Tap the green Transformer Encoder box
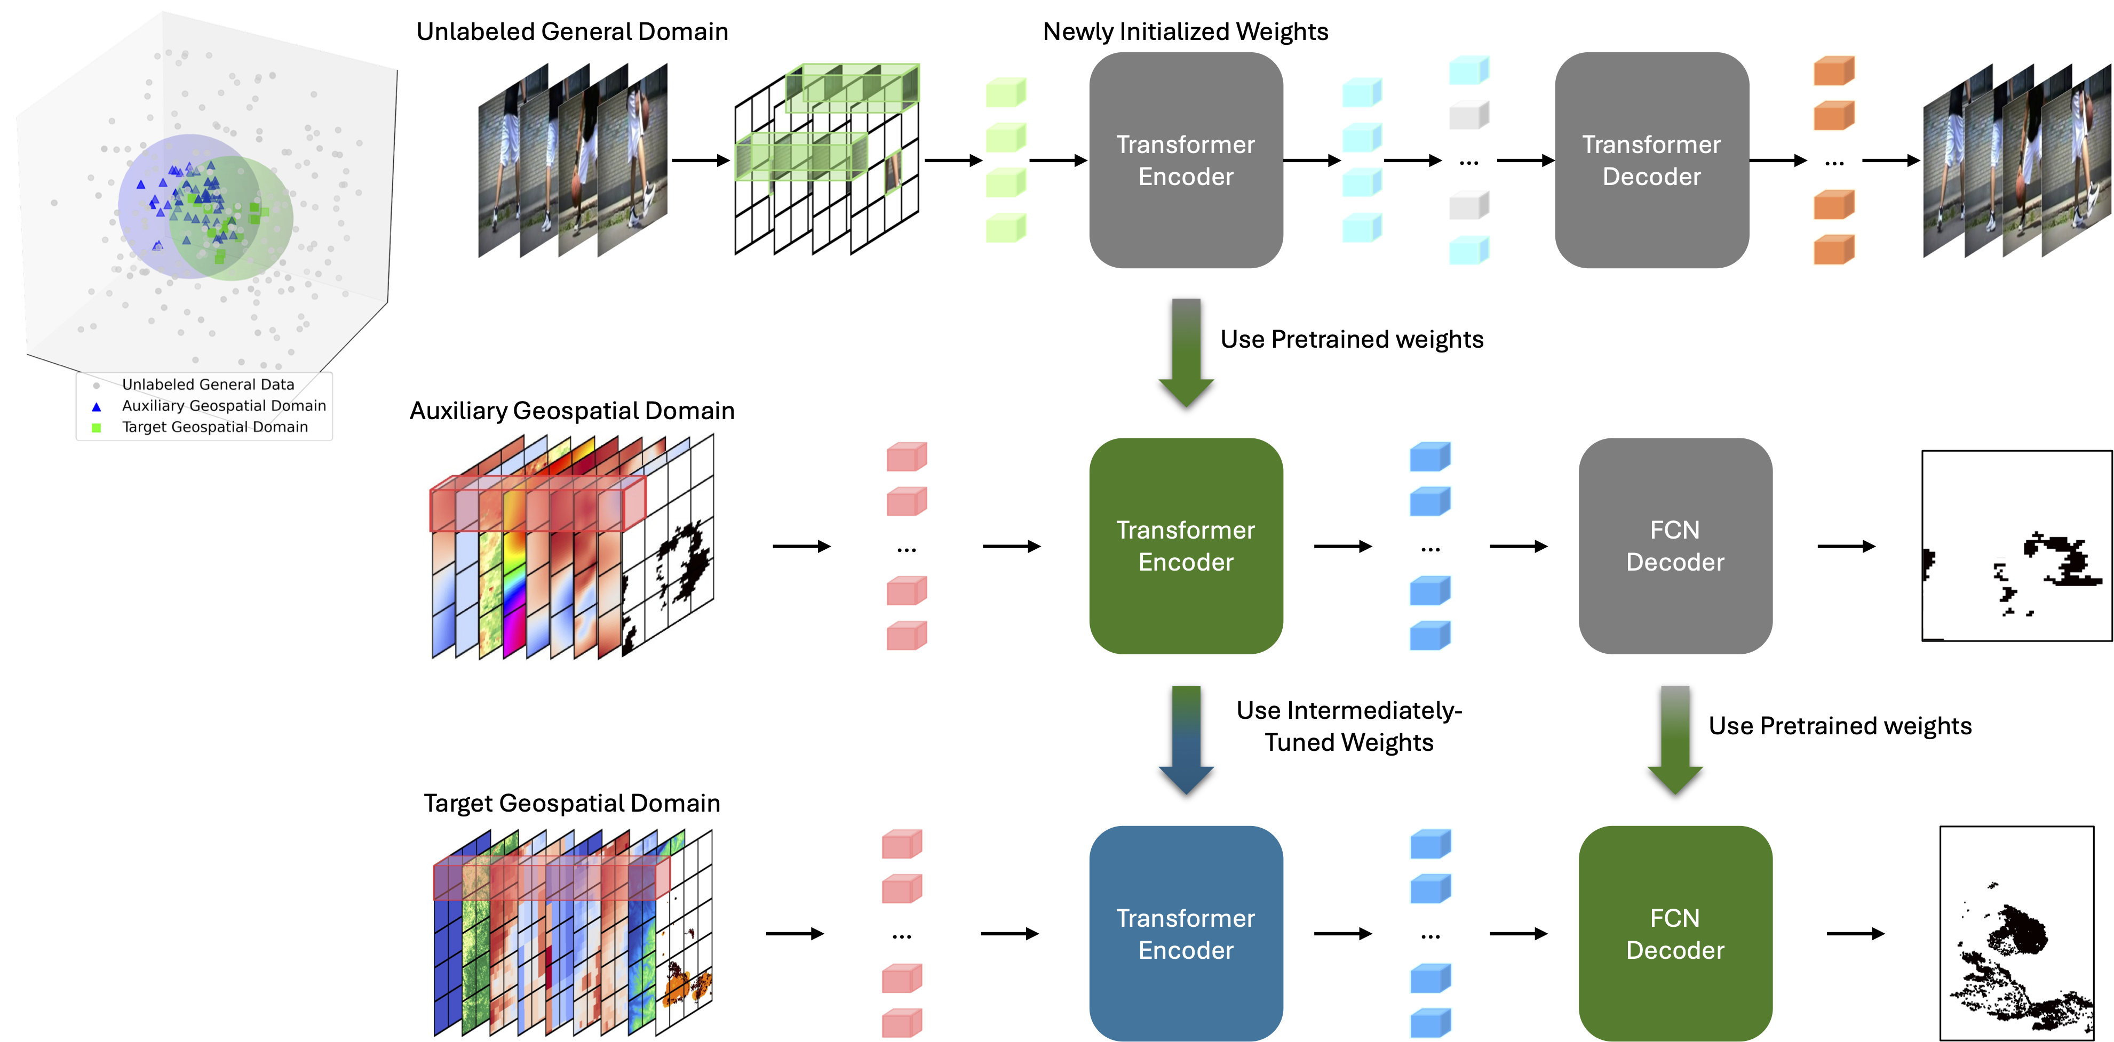(x=1185, y=546)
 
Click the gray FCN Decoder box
(x=1674, y=546)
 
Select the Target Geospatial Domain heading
(x=572, y=803)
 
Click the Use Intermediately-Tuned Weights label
(x=1349, y=726)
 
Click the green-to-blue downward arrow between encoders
(x=1186, y=739)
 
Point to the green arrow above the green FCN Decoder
(x=1675, y=739)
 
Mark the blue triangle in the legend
(x=96, y=406)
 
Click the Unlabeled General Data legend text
(x=208, y=384)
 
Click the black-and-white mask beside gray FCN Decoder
(x=2016, y=546)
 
